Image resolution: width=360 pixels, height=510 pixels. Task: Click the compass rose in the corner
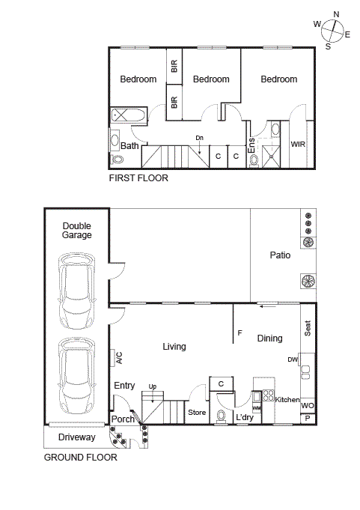[x=333, y=30]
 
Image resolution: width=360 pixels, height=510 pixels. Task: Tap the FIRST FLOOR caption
[x=138, y=178]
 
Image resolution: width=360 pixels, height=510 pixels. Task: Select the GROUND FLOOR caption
[x=80, y=457]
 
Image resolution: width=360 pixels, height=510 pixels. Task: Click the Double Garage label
[x=77, y=230]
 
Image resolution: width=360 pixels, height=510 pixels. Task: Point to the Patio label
[x=280, y=255]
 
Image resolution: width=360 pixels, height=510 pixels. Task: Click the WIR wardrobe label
[x=298, y=144]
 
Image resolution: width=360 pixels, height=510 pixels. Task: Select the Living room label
[x=174, y=347]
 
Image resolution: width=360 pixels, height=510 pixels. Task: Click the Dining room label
[x=270, y=339]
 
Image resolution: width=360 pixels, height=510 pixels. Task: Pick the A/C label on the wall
[x=119, y=358]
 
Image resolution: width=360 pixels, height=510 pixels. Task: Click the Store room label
[x=196, y=413]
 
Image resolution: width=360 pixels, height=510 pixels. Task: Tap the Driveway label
[x=77, y=437]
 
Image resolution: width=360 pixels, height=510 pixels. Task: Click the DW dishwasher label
[x=293, y=359]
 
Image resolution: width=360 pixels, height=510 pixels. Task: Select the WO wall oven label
[x=308, y=405]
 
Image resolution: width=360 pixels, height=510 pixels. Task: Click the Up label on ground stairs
[x=153, y=386]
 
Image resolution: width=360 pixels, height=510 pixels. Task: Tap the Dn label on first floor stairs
[x=199, y=138]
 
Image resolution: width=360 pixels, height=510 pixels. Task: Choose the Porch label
[x=123, y=419]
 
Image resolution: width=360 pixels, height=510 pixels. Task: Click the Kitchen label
[x=287, y=400]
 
